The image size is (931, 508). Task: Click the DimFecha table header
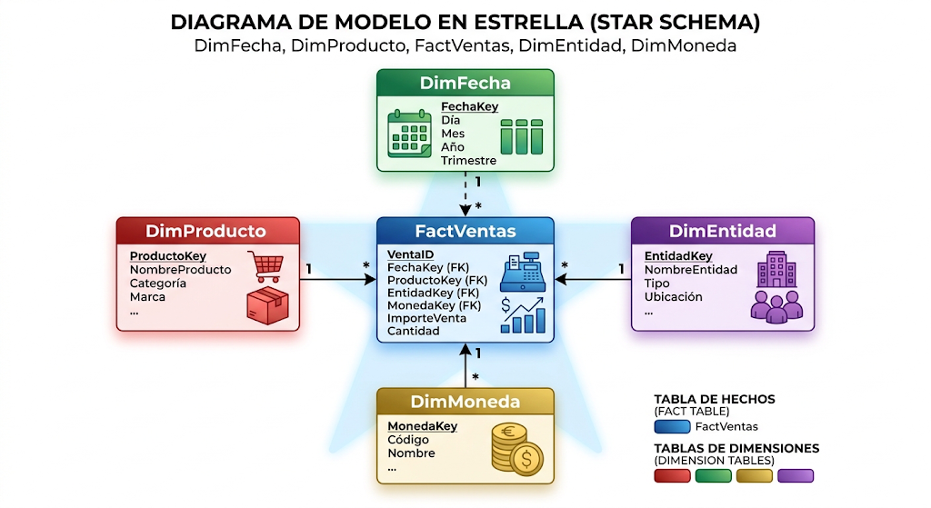click(465, 83)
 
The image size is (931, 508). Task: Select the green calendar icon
click(409, 134)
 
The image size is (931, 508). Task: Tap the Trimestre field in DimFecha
click(468, 160)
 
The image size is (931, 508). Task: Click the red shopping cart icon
click(265, 266)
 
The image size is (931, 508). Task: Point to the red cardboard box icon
click(268, 305)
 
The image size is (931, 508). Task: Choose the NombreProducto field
click(181, 269)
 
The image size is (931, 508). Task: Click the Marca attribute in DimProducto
click(147, 297)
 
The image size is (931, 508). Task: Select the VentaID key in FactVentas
click(410, 254)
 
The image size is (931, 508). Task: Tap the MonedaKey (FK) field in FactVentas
click(434, 305)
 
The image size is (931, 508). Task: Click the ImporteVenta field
click(426, 318)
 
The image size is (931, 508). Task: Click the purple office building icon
click(776, 269)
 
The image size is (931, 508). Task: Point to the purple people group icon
click(776, 306)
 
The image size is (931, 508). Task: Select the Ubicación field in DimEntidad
click(674, 297)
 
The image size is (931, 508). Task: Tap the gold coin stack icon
click(516, 449)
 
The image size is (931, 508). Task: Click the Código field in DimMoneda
click(408, 440)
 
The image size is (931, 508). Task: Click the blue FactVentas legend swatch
click(672, 427)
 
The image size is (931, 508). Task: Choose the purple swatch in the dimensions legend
click(796, 476)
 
